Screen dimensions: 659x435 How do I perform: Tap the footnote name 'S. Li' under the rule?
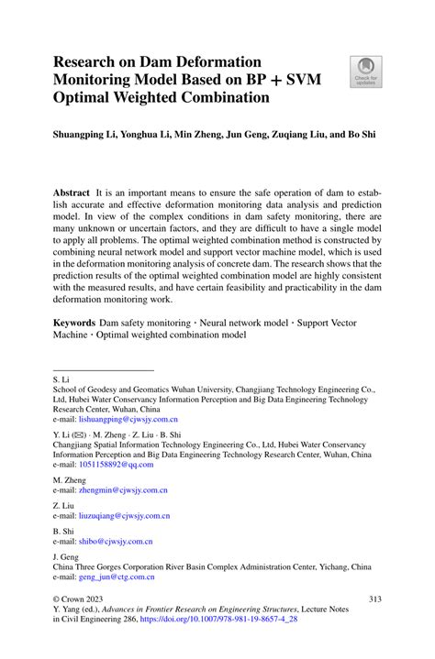click(x=61, y=378)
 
